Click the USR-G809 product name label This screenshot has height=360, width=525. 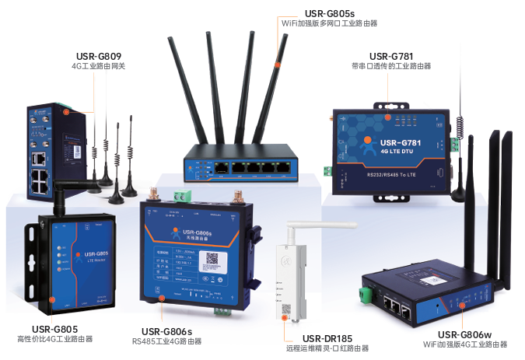coord(98,56)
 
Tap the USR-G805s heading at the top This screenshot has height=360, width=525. coord(330,12)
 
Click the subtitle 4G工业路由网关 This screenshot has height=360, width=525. coord(98,67)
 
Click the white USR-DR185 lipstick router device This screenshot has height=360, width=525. coord(289,272)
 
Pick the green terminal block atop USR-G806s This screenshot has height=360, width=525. coord(180,197)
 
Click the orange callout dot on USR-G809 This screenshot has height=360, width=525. coord(67,111)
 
